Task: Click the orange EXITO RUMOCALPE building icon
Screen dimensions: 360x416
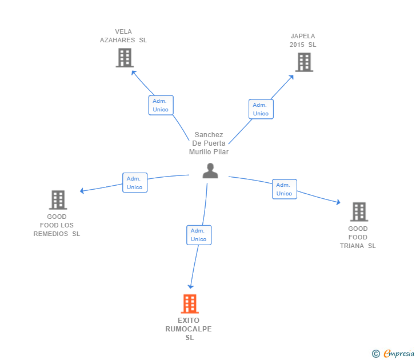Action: click(x=190, y=303)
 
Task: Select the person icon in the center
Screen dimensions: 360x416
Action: click(x=210, y=171)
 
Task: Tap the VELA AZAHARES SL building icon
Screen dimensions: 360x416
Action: click(x=125, y=58)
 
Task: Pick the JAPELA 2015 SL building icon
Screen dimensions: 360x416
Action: click(x=304, y=62)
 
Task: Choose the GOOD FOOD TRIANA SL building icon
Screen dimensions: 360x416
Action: click(x=358, y=212)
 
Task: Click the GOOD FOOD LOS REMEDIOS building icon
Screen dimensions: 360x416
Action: click(x=58, y=200)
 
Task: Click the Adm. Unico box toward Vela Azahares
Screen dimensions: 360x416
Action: click(x=161, y=105)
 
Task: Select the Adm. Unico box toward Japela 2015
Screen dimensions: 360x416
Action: click(x=261, y=109)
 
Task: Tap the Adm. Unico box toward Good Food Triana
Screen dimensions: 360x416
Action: click(x=284, y=189)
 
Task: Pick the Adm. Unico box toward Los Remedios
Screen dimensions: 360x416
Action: click(x=135, y=183)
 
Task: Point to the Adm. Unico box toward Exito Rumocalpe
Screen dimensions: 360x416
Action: click(x=198, y=235)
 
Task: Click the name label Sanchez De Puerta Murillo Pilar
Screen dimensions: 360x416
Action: click(x=209, y=143)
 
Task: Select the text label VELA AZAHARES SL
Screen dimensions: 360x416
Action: click(x=123, y=36)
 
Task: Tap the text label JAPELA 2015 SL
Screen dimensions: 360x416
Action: click(x=303, y=41)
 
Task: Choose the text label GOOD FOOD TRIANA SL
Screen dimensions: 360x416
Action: click(x=358, y=237)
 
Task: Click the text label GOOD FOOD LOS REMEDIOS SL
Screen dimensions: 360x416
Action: click(x=57, y=225)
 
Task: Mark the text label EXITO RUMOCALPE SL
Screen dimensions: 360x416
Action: click(x=189, y=329)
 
